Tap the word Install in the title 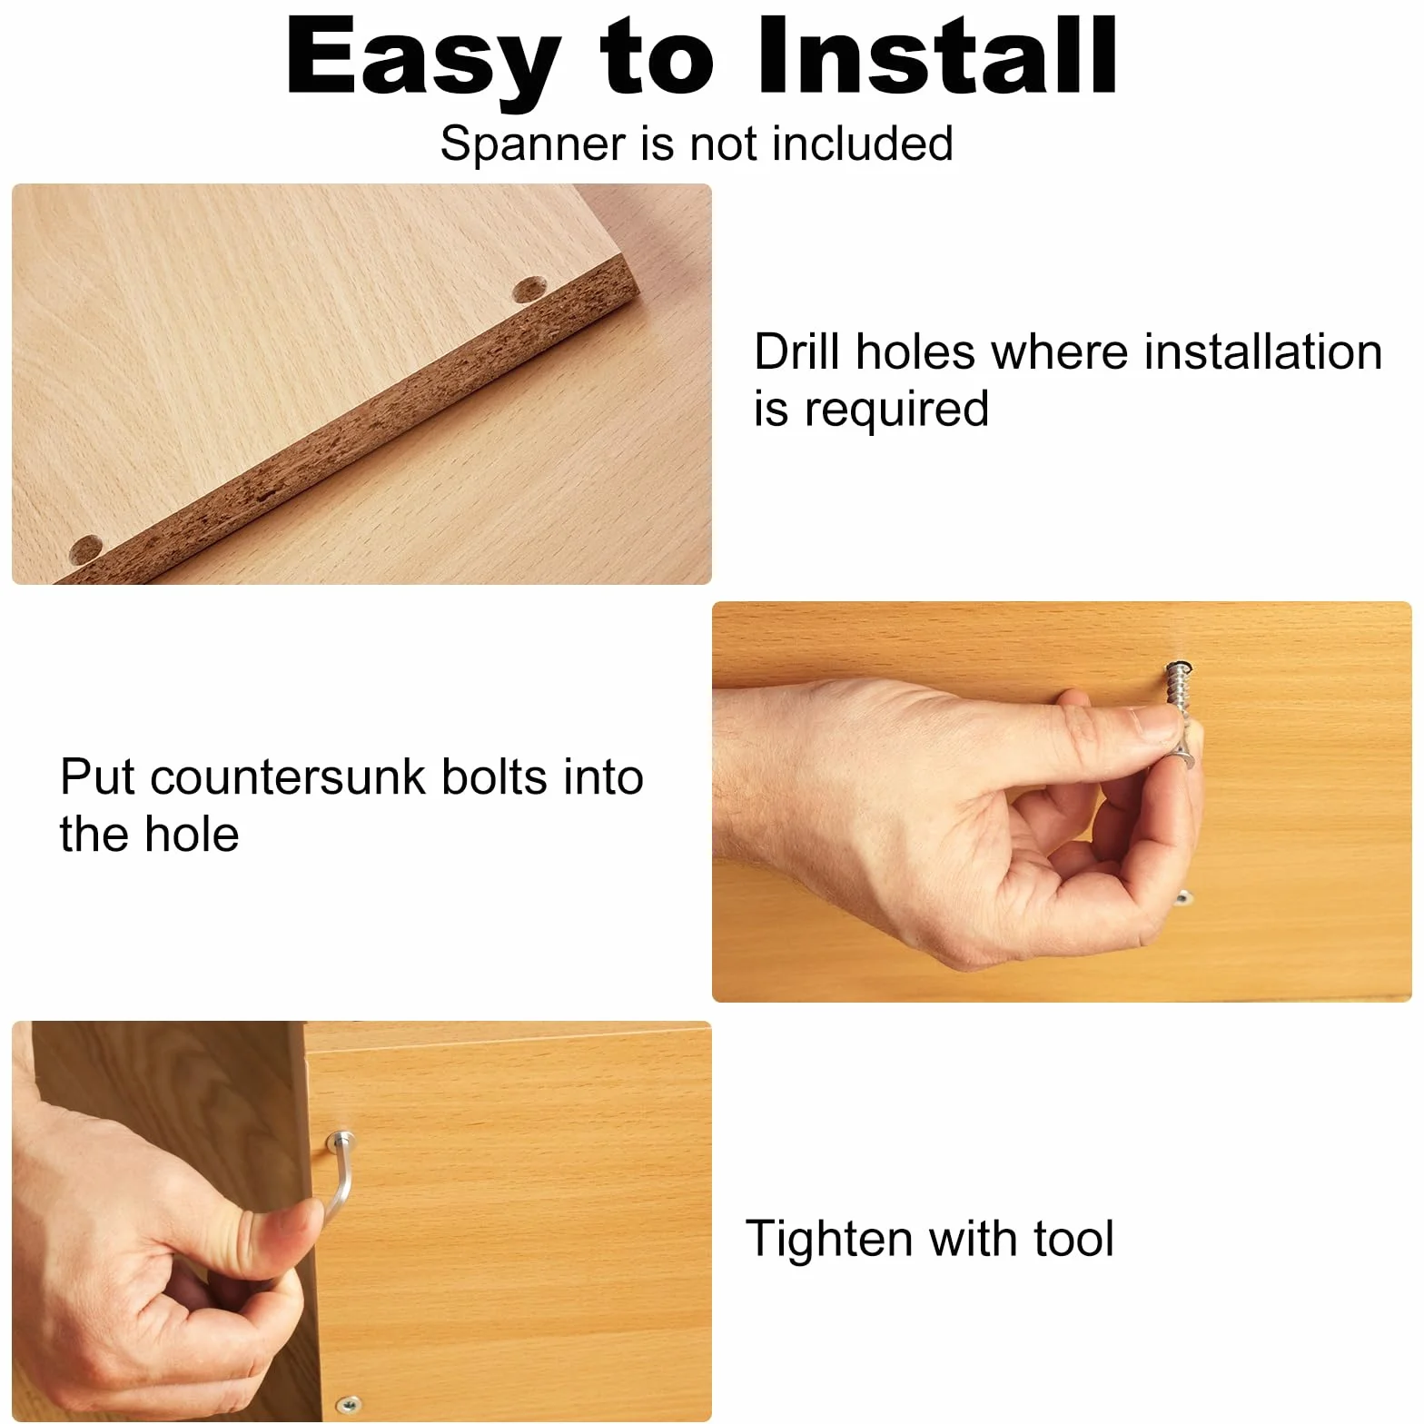point(938,55)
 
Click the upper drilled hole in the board point(529,289)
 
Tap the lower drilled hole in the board point(87,549)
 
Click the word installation point(1262,351)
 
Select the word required point(896,409)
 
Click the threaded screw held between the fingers point(1180,708)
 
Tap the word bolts point(494,777)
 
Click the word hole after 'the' point(192,834)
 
